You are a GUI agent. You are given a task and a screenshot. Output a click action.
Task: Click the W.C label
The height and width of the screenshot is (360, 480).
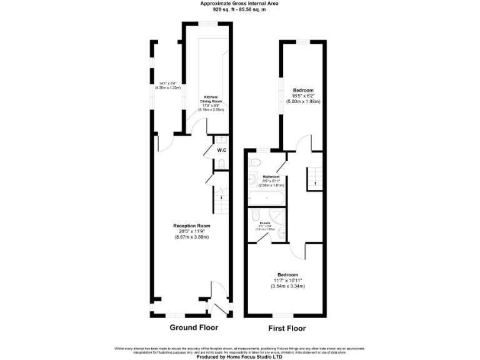tap(221, 151)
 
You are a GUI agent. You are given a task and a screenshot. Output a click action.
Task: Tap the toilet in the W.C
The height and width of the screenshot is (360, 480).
tap(221, 164)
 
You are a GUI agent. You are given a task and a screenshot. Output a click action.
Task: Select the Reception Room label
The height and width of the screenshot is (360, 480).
tap(191, 226)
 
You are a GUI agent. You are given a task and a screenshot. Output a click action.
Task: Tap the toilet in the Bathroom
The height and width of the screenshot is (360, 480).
tap(254, 162)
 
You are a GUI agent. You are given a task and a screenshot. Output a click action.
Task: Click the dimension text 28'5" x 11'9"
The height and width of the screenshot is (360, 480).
tap(191, 231)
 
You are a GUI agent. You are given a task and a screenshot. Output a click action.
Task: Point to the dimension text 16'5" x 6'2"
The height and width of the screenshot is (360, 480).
tap(303, 96)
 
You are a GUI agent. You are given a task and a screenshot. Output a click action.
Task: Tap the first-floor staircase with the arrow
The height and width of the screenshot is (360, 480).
tap(313, 179)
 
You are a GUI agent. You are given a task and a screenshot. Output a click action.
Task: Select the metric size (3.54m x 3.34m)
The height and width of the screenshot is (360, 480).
tap(287, 286)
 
